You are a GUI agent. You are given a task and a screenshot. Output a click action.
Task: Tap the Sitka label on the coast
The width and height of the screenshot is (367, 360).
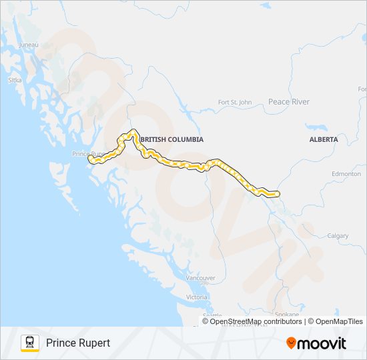tap(15, 80)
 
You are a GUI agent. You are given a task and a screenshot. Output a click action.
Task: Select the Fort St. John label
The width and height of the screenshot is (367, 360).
tap(236, 102)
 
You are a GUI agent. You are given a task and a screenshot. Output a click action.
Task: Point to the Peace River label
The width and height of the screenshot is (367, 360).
tap(288, 102)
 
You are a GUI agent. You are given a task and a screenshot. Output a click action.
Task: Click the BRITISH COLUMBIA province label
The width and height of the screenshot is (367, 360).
tap(173, 139)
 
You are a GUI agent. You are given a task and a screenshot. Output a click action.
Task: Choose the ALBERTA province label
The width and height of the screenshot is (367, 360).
tap(324, 139)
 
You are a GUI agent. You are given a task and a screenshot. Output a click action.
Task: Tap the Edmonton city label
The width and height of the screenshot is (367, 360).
tap(346, 174)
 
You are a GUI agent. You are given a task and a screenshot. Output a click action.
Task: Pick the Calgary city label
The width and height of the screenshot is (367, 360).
tap(338, 236)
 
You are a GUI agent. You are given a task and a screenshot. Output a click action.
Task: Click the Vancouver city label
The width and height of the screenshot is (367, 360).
tap(200, 278)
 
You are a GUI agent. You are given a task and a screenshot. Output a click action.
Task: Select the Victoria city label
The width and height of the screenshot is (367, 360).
tap(197, 297)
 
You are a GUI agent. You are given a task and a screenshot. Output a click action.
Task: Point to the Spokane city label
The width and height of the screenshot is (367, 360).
tap(286, 314)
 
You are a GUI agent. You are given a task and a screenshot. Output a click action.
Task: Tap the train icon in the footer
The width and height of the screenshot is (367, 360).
tap(30, 343)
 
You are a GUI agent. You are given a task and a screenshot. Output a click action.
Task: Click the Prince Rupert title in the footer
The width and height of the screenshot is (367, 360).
tap(78, 343)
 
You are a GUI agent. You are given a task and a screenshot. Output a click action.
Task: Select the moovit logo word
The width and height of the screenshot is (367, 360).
tap(322, 343)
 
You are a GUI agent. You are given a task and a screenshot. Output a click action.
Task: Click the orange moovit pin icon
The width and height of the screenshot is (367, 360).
tap(291, 343)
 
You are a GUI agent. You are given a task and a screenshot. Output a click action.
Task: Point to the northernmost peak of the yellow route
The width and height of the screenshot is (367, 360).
tap(133, 131)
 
